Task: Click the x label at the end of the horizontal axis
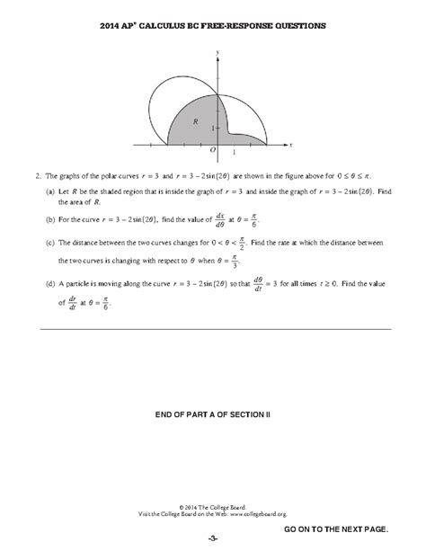point(293,143)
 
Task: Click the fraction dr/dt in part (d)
point(67,303)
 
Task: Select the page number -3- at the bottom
point(213,538)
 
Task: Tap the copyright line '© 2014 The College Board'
point(213,506)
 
